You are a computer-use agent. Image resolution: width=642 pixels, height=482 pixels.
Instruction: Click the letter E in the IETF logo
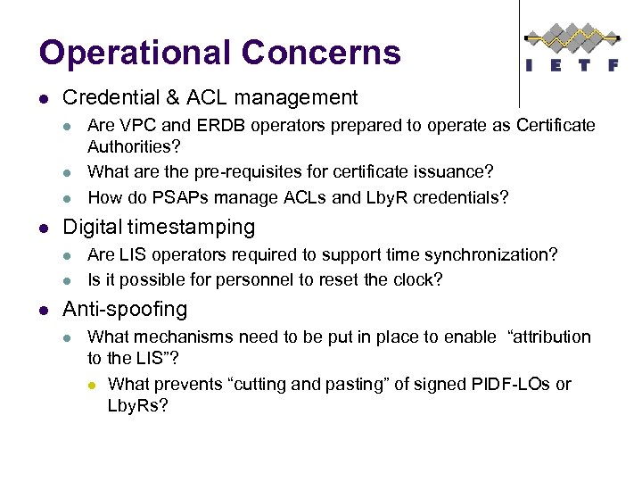tap(559, 65)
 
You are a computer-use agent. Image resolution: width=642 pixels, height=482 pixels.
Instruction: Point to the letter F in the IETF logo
tap(613, 65)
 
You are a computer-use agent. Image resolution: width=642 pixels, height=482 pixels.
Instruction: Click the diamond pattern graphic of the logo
tap(572, 37)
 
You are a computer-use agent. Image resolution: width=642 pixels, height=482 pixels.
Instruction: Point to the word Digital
tap(92, 228)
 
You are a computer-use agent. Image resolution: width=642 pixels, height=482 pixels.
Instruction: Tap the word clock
tap(420, 279)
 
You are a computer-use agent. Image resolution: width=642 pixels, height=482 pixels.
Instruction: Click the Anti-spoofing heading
tap(125, 310)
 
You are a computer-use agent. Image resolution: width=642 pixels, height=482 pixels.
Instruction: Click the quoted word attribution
tap(548, 337)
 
